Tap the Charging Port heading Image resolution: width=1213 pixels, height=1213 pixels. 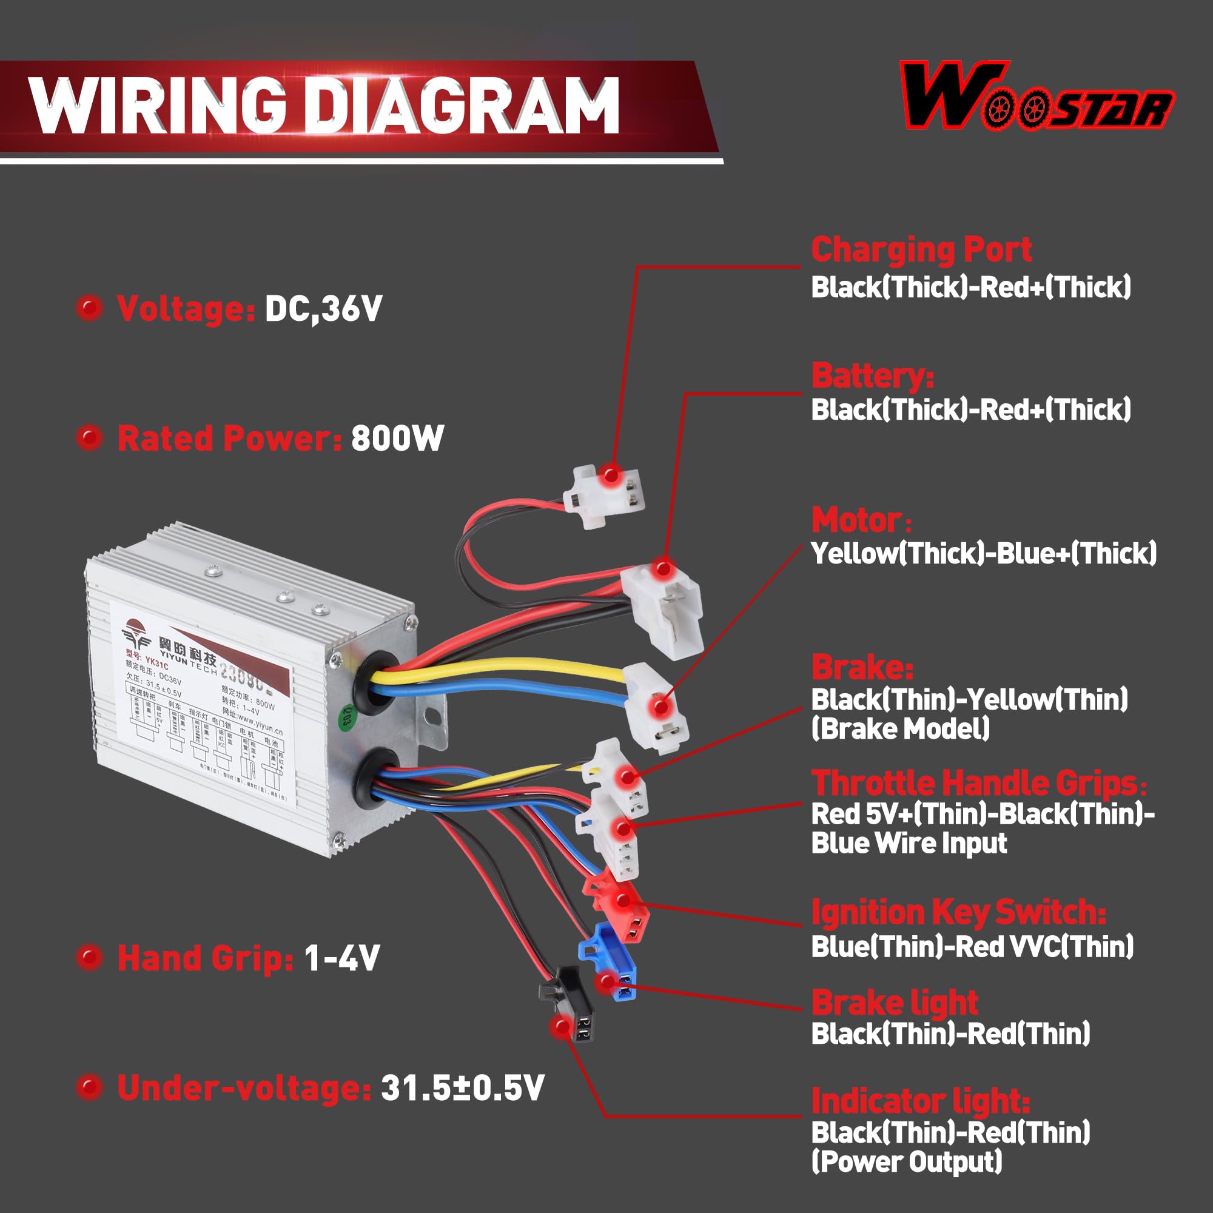click(921, 250)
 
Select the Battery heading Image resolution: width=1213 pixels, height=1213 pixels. click(872, 376)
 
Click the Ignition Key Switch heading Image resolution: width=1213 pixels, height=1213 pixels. click(958, 912)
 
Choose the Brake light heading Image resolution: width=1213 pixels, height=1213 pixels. click(895, 1003)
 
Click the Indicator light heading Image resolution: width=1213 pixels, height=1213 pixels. click(921, 1101)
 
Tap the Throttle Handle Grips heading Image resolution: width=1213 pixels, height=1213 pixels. click(978, 782)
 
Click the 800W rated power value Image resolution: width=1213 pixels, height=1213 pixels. click(397, 438)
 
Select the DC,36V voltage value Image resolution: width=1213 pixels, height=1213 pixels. click(323, 308)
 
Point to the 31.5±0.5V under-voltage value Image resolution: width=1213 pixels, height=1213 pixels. click(463, 1088)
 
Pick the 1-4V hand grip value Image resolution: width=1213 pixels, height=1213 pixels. click(342, 958)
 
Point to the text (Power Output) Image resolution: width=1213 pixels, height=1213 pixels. click(906, 1161)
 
